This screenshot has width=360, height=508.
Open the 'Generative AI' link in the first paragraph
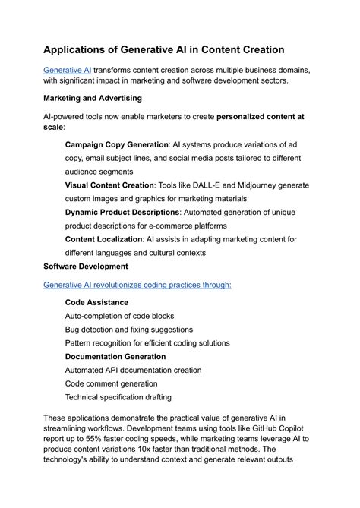click(x=67, y=70)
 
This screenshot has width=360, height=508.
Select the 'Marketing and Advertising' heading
click(x=93, y=98)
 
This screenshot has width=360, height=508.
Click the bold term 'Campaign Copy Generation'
click(x=116, y=144)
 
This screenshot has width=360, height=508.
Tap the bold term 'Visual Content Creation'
click(x=109, y=185)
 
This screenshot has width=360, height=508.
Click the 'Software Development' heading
click(x=85, y=267)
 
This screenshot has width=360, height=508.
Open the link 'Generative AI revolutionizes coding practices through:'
click(x=137, y=285)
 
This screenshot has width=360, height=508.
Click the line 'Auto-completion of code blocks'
click(x=119, y=316)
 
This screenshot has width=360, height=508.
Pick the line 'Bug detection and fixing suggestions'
click(x=128, y=330)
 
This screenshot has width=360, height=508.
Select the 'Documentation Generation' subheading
click(x=115, y=356)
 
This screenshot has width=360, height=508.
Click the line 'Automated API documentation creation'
click(x=133, y=370)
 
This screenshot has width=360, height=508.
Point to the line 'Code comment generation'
click(x=111, y=383)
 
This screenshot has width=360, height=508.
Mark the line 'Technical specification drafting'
click(x=118, y=397)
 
